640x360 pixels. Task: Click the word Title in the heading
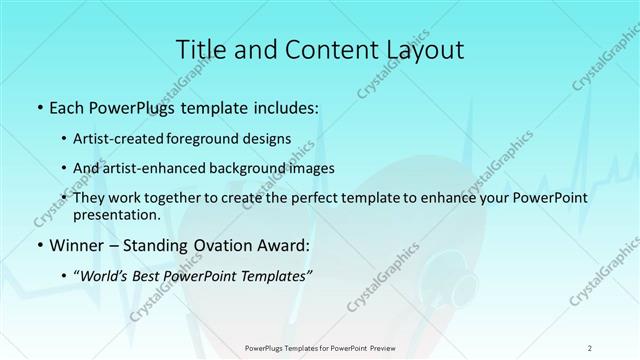click(201, 49)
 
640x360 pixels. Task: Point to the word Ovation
click(229, 244)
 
